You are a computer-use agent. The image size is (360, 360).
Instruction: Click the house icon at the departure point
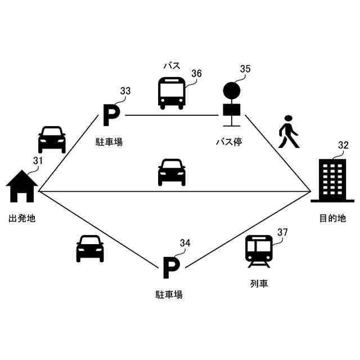22,186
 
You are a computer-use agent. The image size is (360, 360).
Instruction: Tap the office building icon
332,179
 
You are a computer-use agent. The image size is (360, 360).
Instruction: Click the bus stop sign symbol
231,103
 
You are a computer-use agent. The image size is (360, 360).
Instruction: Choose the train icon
259,251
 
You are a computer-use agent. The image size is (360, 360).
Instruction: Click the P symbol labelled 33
111,116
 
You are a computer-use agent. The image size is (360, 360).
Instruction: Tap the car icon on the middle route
172,172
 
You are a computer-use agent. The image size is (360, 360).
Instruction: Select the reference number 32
343,145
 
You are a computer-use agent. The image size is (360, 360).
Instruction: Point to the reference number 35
245,69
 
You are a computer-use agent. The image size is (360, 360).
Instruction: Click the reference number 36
196,74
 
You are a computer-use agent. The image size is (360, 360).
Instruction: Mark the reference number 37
282,232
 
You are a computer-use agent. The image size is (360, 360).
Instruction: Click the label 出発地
22,218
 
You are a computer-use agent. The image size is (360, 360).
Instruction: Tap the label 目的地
332,218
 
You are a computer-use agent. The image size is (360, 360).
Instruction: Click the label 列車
259,283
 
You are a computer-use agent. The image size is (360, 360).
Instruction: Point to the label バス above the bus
172,65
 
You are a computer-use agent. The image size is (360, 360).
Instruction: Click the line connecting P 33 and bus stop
172,115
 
